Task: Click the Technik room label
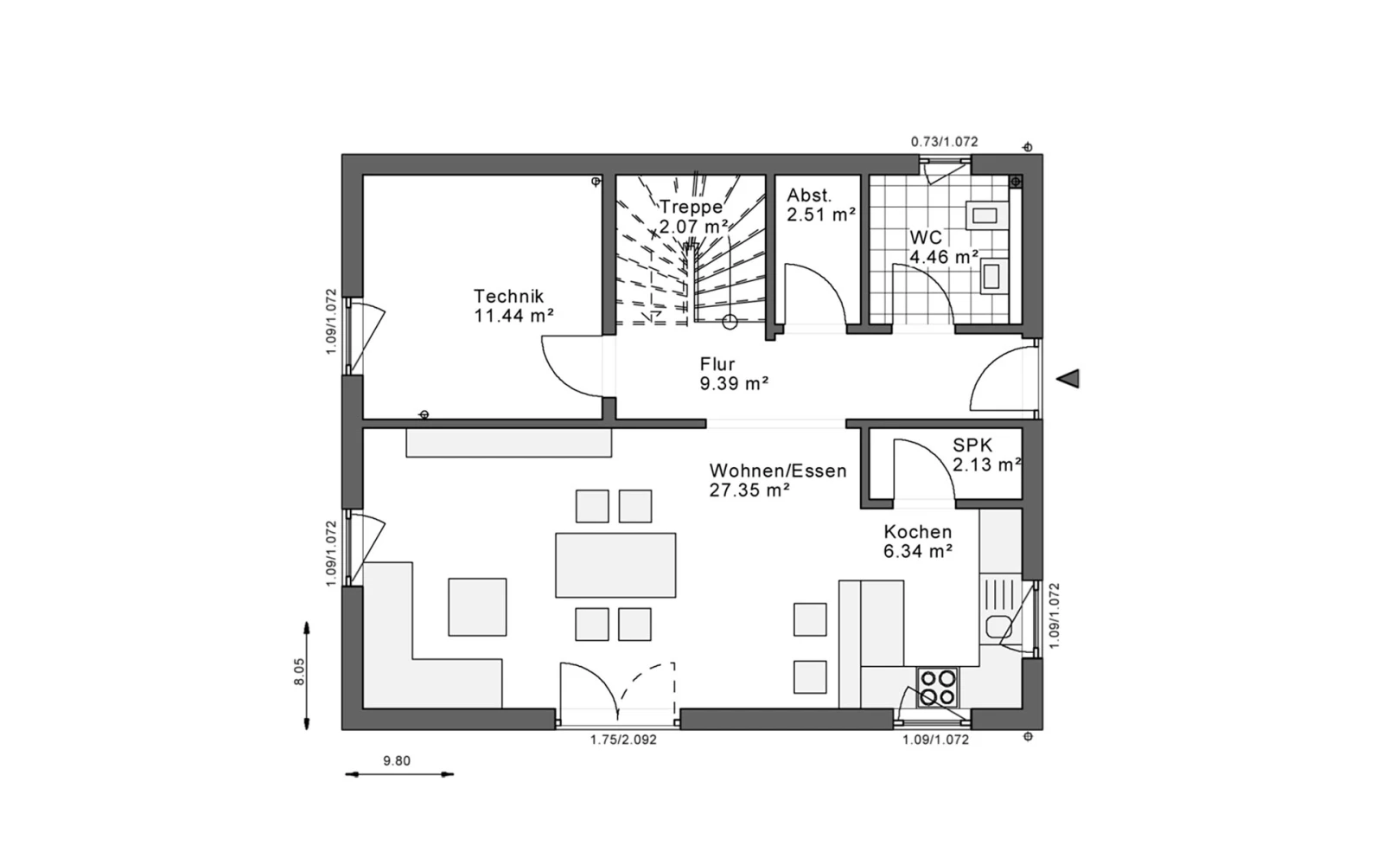513,306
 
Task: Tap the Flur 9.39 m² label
734,374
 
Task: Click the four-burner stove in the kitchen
937,688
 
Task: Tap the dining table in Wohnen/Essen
615,566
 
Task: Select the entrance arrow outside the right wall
1068,379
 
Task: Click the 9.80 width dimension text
397,760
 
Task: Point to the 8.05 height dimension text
299,671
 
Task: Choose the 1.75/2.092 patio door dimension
623,740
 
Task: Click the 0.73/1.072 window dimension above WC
945,142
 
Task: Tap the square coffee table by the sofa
477,607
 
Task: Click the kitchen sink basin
998,627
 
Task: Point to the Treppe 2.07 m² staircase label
692,216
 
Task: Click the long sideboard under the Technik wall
509,443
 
